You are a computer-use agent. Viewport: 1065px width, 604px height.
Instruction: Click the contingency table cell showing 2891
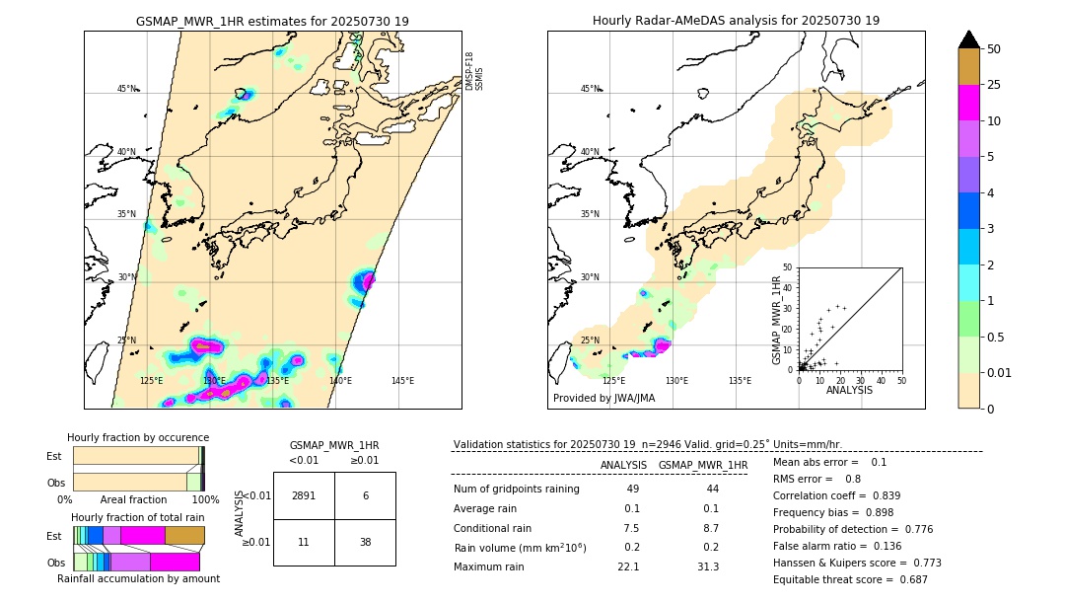coord(304,495)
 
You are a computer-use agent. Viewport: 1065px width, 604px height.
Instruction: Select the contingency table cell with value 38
coord(365,542)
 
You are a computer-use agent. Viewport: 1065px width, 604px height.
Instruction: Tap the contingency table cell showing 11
coord(304,542)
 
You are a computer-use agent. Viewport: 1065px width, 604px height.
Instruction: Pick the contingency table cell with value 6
coord(365,495)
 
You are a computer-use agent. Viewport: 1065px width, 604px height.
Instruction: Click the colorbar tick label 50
coord(994,49)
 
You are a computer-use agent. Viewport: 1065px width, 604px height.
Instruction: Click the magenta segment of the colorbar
coord(968,103)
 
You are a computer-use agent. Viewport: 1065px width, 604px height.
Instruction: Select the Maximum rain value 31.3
coord(708,566)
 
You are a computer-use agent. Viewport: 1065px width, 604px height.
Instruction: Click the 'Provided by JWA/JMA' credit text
coord(603,398)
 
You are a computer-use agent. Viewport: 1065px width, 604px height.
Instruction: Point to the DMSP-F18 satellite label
coord(469,71)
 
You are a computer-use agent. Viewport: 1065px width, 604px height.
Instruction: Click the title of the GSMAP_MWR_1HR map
coord(272,21)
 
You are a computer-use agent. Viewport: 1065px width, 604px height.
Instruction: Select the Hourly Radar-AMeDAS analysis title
coord(736,21)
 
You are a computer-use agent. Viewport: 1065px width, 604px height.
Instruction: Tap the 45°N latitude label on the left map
coord(127,89)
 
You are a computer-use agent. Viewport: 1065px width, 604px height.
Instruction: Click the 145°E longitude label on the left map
coord(402,380)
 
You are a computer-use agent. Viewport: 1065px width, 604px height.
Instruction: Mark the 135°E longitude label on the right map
coord(740,380)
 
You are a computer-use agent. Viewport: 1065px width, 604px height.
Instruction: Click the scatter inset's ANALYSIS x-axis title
coord(849,390)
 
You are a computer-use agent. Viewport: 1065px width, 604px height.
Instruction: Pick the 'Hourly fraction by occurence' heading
coord(138,437)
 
